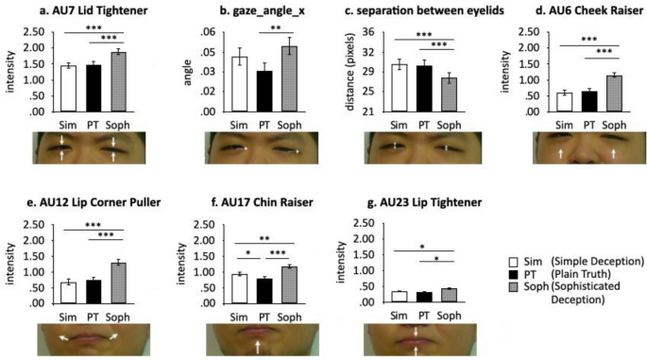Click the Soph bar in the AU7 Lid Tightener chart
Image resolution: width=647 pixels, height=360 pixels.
114,81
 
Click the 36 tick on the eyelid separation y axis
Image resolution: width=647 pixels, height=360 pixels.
373,32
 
